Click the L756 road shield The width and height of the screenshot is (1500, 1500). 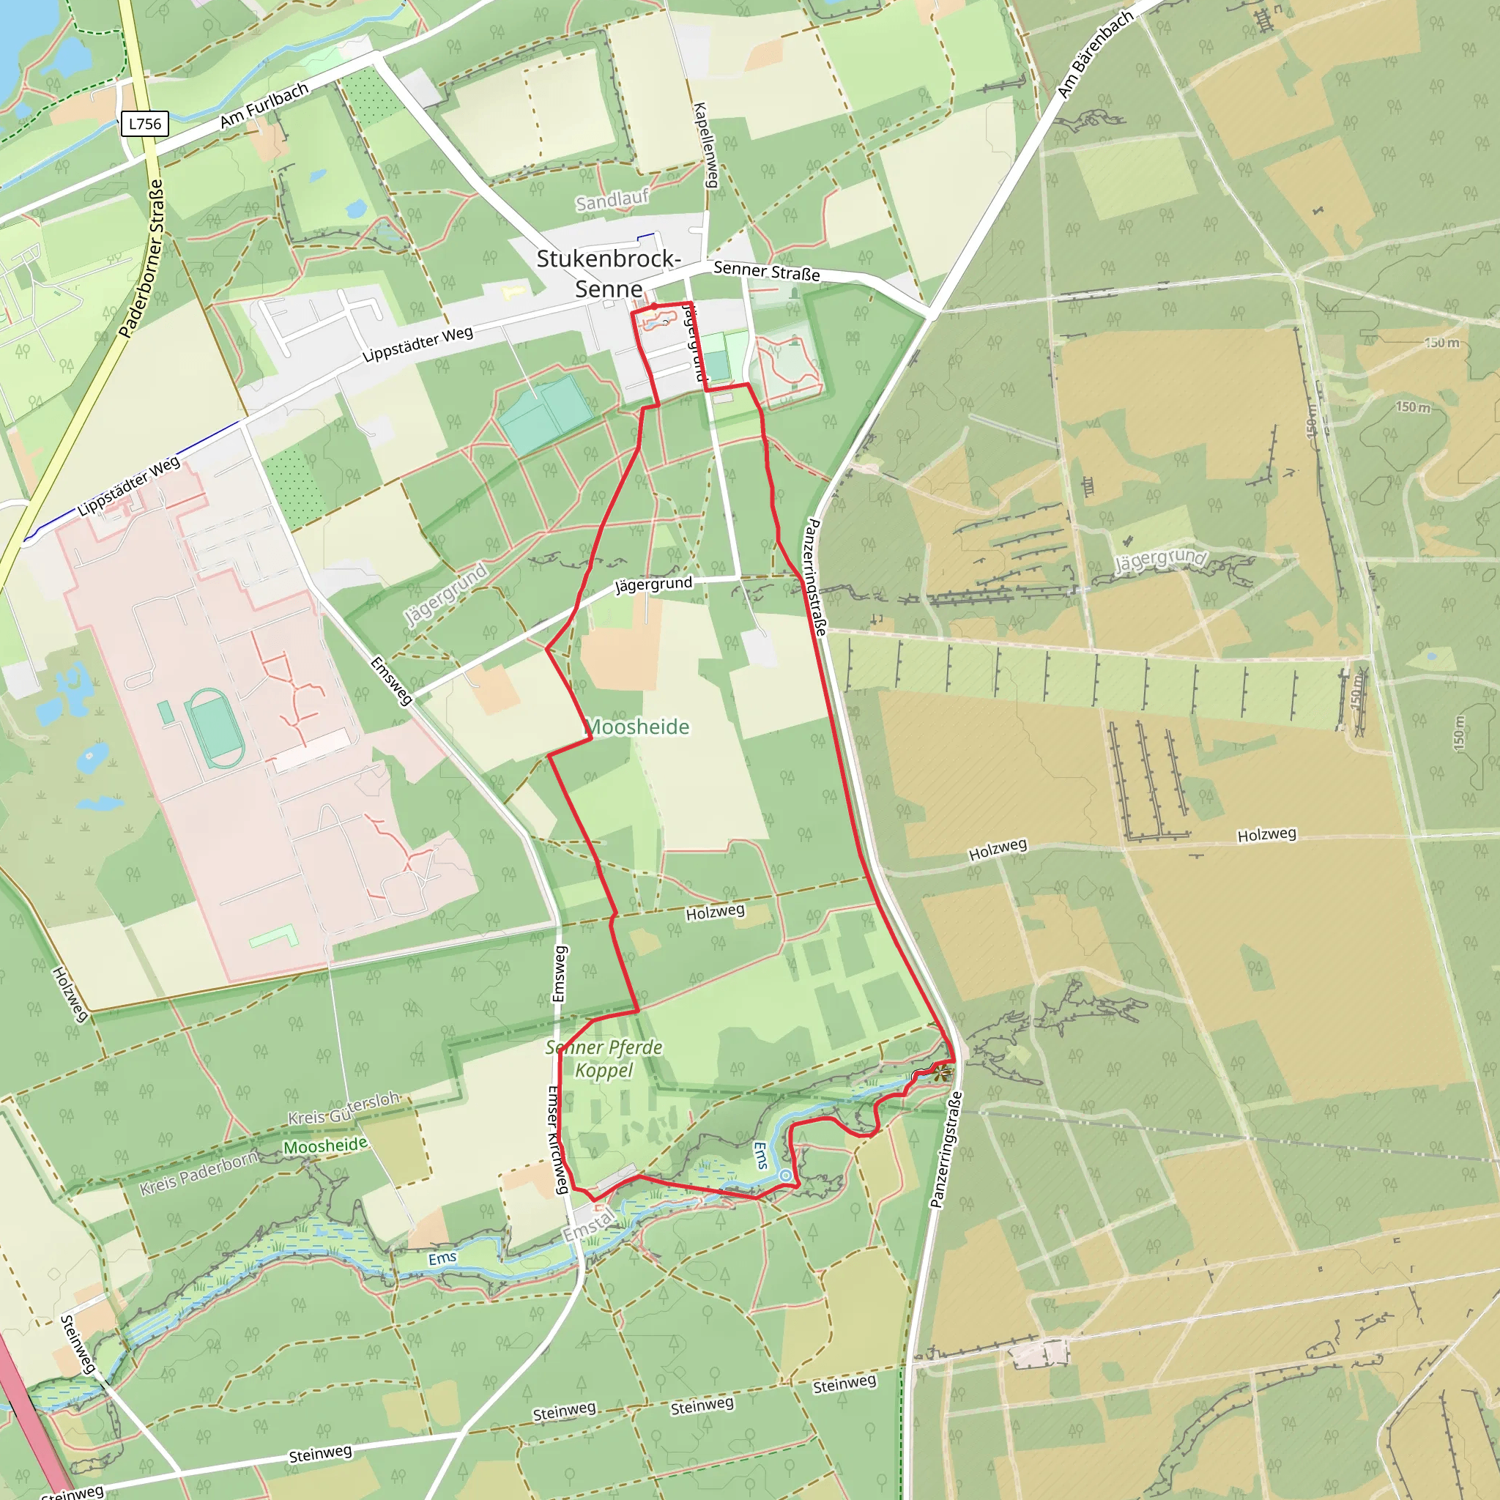tap(145, 124)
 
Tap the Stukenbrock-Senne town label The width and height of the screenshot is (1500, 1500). tap(609, 273)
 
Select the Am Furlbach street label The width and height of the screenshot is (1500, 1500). tap(264, 105)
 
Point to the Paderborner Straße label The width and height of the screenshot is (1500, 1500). tap(142, 259)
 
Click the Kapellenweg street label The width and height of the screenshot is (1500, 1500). tap(705, 144)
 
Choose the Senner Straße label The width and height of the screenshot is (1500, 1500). tap(766, 270)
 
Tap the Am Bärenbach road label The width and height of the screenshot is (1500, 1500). tap(1095, 55)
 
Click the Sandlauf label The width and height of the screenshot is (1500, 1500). tap(612, 200)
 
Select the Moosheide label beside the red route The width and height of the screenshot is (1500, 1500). tap(638, 727)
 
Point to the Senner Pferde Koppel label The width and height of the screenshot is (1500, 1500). tap(604, 1058)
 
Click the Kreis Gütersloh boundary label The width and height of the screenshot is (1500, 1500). tap(344, 1108)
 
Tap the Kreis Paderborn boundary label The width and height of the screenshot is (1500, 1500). tap(198, 1173)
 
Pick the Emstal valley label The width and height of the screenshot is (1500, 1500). tap(590, 1226)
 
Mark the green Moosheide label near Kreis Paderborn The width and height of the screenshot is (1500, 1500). tap(325, 1146)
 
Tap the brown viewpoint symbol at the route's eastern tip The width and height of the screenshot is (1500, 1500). tap(942, 1074)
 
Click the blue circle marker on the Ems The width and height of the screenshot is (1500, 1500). tap(786, 1176)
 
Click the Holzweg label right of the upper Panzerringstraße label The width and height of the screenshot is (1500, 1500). tap(998, 848)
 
